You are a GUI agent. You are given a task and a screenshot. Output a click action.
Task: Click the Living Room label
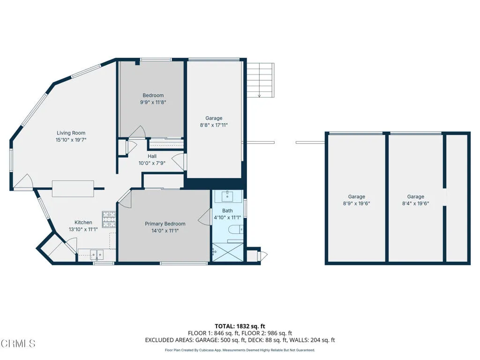[71, 133]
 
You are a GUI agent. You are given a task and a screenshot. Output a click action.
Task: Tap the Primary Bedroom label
[165, 224]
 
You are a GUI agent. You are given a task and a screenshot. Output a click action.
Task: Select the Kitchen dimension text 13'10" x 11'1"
[83, 229]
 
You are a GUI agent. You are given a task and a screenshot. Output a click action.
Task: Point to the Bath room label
[227, 210]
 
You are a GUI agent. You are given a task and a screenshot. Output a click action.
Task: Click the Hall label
[152, 156]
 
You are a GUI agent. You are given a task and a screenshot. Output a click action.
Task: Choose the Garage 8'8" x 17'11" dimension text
[214, 125]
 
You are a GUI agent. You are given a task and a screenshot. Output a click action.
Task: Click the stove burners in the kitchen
[109, 219]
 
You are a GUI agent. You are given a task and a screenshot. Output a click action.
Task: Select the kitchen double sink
[97, 255]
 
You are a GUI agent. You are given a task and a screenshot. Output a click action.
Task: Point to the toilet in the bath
[236, 229]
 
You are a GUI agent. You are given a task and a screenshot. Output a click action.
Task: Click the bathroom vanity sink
[227, 196]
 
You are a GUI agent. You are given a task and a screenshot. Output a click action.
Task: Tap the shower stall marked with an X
[228, 253]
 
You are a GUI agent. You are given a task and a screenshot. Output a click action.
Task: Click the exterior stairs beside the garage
[261, 80]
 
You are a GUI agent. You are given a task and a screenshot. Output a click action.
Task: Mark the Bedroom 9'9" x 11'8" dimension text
[153, 102]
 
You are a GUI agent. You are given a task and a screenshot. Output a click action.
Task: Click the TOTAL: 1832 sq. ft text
[240, 326]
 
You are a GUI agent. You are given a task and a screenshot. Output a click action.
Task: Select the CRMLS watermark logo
[18, 344]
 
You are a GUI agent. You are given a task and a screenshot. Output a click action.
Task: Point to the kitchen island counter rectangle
[73, 188]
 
